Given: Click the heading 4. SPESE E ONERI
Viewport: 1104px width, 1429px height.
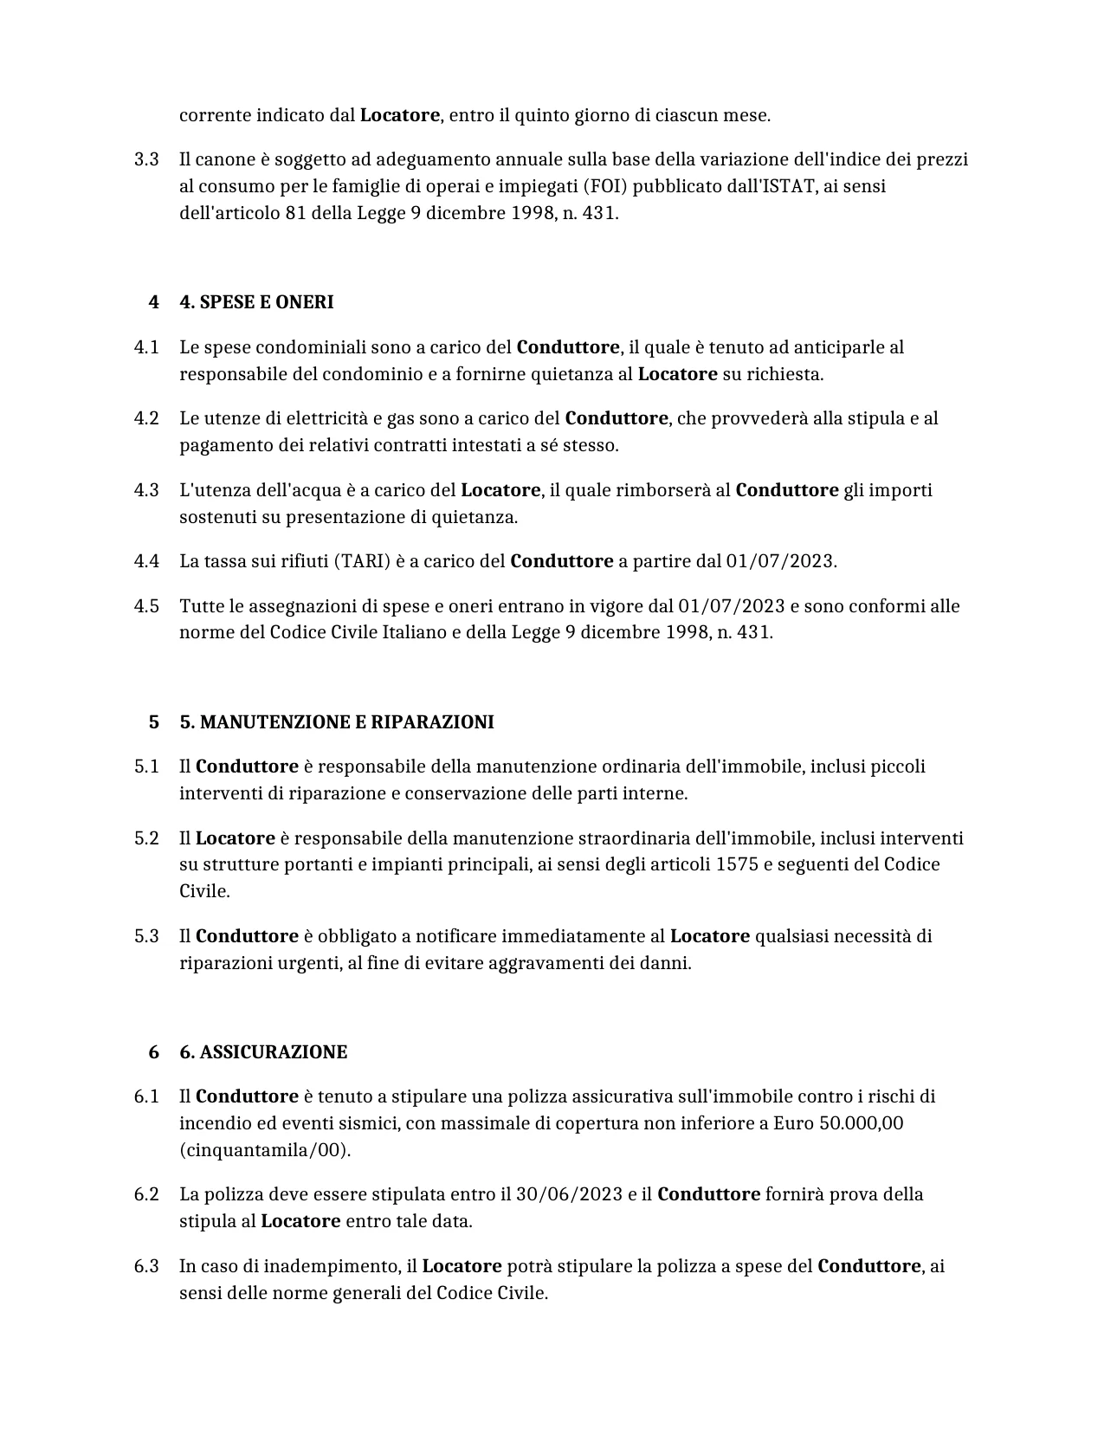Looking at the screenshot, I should [x=256, y=302].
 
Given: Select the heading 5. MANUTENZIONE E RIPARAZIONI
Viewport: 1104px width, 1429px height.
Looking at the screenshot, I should [x=337, y=722].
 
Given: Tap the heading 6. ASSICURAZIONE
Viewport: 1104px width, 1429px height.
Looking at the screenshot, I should [x=263, y=1052].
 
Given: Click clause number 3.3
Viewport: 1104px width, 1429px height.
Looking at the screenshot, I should [x=146, y=159].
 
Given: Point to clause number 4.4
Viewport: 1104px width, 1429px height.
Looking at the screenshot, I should [x=146, y=561].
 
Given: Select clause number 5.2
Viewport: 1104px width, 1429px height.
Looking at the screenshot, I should [x=146, y=838].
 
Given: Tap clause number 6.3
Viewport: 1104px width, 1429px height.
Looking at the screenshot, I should [x=146, y=1266].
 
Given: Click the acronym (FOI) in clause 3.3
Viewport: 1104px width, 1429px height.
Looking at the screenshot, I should [x=605, y=186].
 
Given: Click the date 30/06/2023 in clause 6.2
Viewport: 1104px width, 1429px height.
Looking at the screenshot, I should [x=569, y=1194].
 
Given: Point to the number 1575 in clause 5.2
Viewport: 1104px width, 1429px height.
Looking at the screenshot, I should [x=737, y=864].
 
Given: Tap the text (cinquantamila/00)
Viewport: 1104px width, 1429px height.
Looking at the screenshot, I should [x=265, y=1150].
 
